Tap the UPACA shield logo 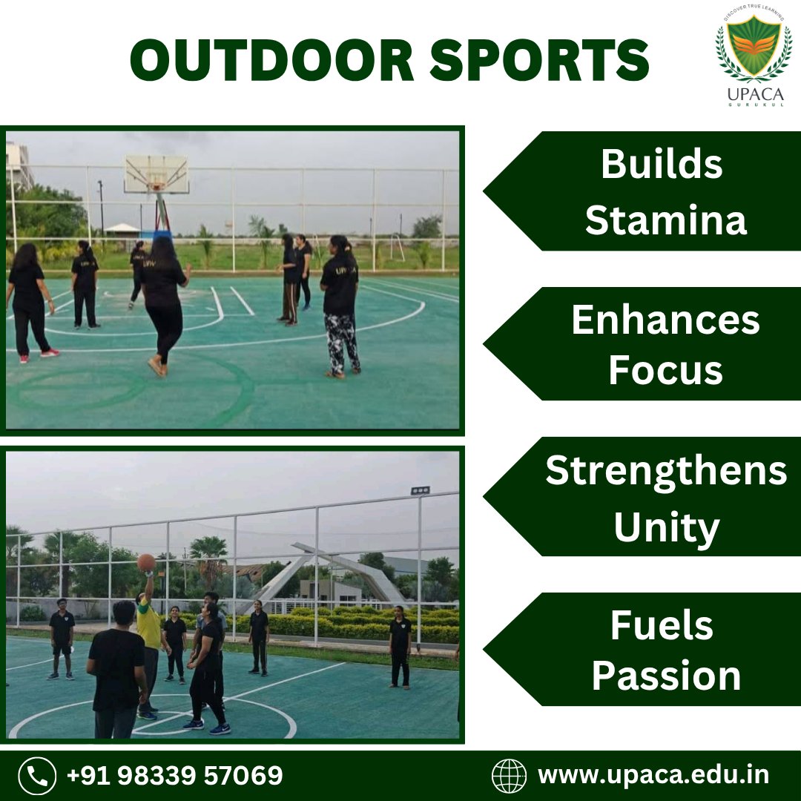754,48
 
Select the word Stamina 665,220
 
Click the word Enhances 665,320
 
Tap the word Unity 665,527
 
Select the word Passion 665,676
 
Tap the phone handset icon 36,776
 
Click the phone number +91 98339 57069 174,776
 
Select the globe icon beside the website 509,776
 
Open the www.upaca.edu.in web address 653,776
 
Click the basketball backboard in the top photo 156,174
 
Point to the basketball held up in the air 146,562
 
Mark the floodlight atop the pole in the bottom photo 420,491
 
